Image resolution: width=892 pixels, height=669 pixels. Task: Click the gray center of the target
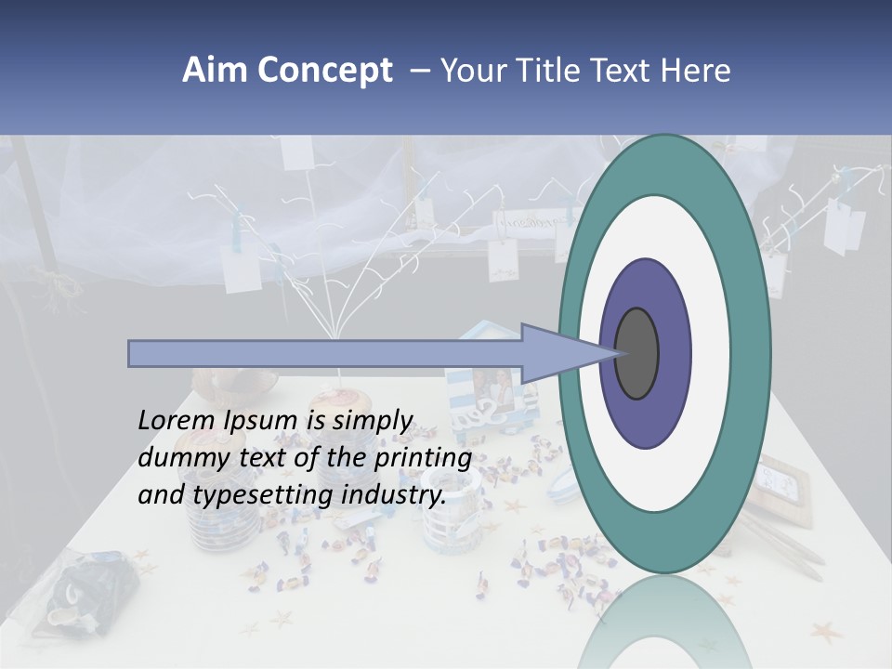(636, 353)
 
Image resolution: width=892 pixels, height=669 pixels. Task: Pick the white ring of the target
(715, 353)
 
